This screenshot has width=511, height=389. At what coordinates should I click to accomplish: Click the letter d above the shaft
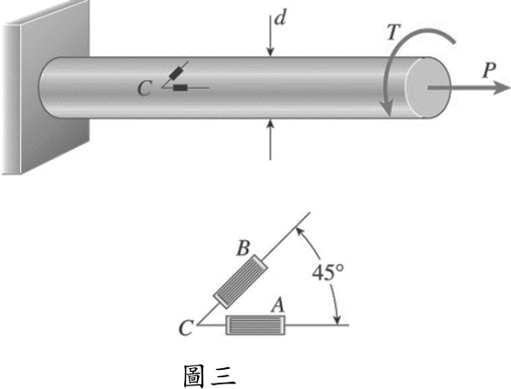pyautogui.click(x=280, y=18)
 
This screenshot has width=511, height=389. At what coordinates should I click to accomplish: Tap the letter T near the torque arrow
pyautogui.click(x=393, y=33)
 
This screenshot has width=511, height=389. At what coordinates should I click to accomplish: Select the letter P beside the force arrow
pyautogui.click(x=488, y=70)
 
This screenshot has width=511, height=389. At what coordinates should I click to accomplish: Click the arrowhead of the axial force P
pyautogui.click(x=501, y=88)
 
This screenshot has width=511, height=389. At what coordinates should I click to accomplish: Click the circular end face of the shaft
pyautogui.click(x=427, y=88)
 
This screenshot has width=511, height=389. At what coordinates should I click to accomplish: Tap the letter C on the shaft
pyautogui.click(x=144, y=88)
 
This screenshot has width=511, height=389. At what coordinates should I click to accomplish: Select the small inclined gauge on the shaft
pyautogui.click(x=176, y=73)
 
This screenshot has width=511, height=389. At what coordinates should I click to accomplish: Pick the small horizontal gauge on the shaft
pyautogui.click(x=181, y=87)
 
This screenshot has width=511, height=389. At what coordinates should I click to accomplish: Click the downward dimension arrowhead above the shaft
pyautogui.click(x=270, y=52)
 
